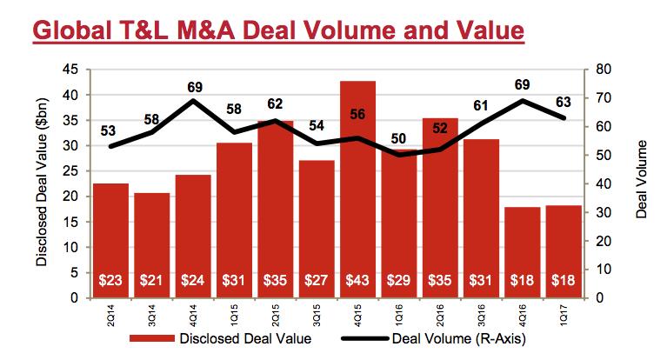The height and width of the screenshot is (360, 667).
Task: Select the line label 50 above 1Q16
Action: click(x=398, y=138)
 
